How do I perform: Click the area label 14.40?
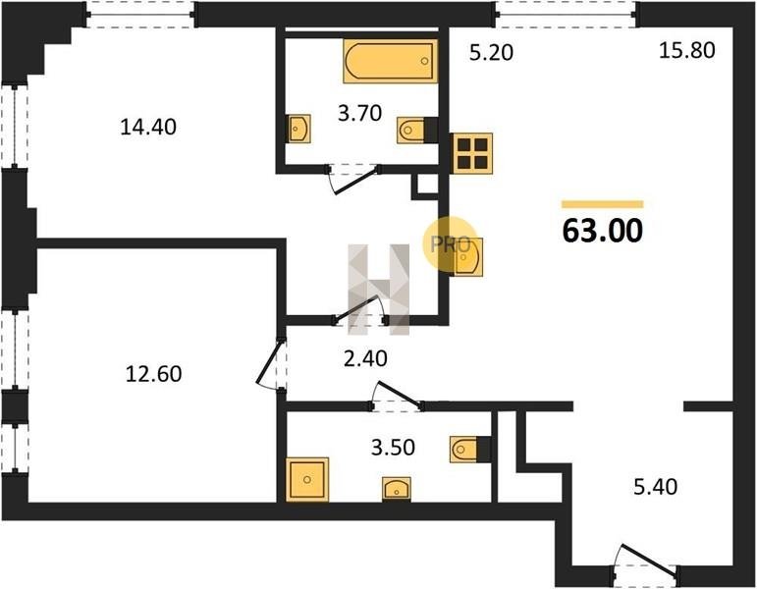[148, 127]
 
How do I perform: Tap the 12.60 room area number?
[153, 374]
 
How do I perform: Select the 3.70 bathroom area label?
[359, 114]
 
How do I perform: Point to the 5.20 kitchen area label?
[492, 52]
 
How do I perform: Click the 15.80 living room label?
[687, 50]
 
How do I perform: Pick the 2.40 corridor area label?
[365, 358]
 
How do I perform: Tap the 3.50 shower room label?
[393, 448]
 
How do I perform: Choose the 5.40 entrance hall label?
[655, 487]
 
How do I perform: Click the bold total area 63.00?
[603, 231]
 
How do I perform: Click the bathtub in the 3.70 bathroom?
[391, 61]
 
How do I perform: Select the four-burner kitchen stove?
[472, 153]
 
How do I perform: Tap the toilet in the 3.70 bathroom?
[417, 130]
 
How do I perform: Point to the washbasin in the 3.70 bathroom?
[298, 129]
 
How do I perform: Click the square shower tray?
[307, 479]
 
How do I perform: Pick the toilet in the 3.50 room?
[469, 450]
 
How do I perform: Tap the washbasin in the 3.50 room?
[397, 489]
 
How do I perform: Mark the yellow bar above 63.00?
[603, 204]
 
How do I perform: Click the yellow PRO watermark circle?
[450, 243]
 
